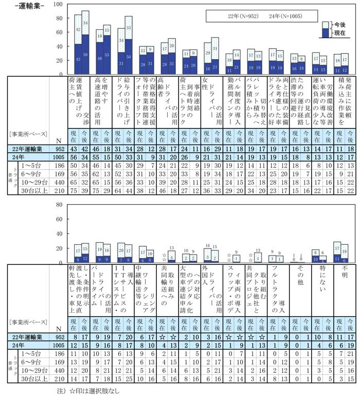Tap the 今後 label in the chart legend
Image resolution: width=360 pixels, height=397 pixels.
[x=338, y=24]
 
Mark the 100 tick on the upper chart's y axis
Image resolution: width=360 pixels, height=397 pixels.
[x=59, y=4]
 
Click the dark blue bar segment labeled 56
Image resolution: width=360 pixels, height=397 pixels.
[x=85, y=55]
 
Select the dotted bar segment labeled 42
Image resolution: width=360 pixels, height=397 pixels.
[x=78, y=29]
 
